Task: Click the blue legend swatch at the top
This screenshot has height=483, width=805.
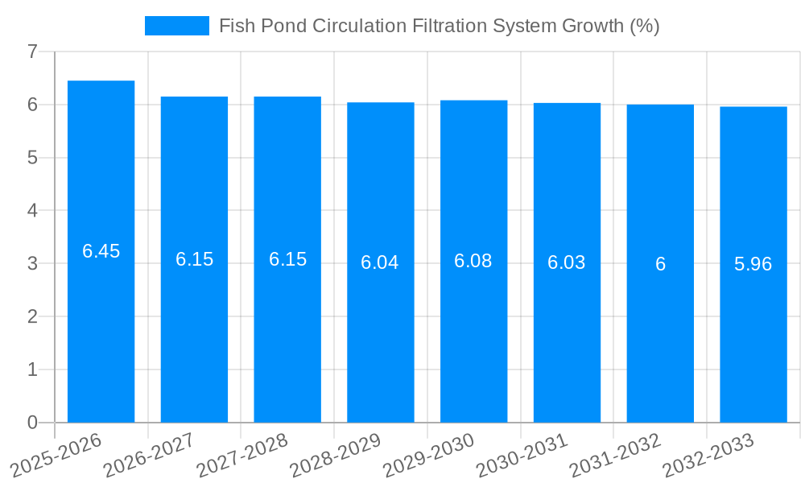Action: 176,26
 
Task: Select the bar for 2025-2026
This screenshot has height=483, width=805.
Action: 101,322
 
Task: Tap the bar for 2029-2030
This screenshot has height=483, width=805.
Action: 473,338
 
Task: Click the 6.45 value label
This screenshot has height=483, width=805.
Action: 101,251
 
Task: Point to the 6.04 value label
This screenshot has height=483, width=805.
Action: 380,262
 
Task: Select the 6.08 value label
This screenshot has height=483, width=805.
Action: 473,261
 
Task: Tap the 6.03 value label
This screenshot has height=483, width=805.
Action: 567,262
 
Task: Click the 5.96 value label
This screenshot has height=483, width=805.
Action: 753,264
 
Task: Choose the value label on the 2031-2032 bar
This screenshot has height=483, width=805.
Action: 660,264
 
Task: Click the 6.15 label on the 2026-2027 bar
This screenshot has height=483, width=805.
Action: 194,259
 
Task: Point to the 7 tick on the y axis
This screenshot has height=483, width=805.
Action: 32,52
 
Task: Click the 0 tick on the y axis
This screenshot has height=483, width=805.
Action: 32,423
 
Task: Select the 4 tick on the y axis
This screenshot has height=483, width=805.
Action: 32,211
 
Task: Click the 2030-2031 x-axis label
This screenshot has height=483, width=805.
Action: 522,456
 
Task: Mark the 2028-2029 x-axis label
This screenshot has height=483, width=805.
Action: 336,456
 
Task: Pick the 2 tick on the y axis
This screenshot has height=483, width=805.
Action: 32,317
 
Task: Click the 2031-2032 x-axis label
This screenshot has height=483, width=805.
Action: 616,456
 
